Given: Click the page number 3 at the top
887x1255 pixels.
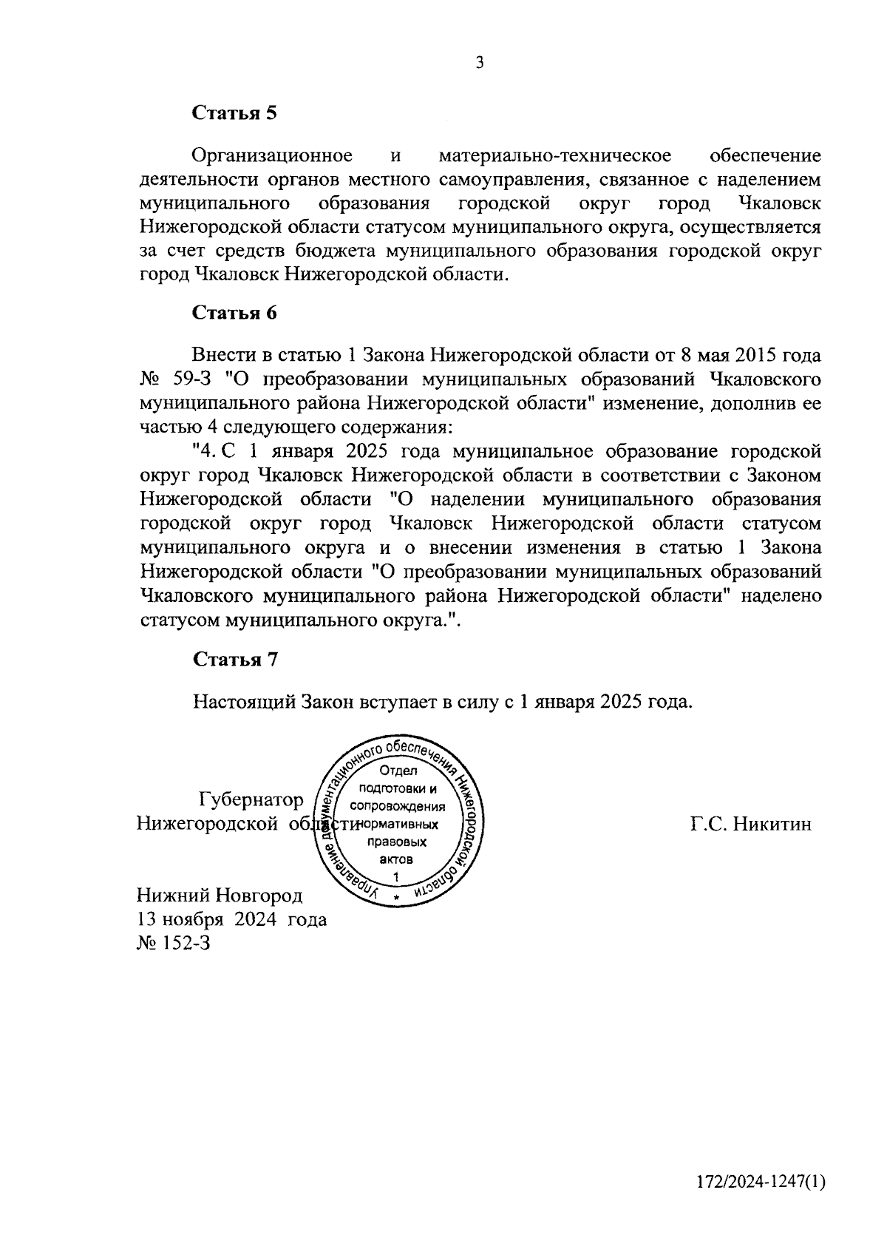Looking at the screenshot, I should (479, 64).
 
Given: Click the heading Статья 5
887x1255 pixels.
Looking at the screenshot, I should (234, 113).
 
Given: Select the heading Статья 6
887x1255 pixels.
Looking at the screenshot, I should (234, 313).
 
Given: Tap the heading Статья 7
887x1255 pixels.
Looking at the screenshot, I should (234, 660).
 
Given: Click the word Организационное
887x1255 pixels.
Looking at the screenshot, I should (271, 157).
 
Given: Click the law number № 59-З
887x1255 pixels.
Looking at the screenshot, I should (176, 380).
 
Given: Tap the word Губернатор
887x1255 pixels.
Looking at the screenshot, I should (251, 800).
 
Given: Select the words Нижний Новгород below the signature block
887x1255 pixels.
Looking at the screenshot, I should (220, 896).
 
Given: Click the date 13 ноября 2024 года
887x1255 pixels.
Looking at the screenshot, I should (231, 919).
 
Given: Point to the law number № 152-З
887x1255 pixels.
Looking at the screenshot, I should (174, 943).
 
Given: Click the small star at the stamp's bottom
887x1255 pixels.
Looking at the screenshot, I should (397, 897).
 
